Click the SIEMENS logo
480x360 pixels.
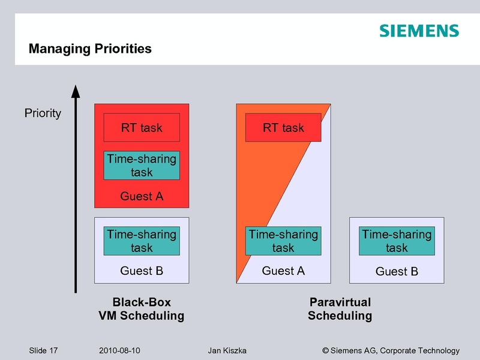419,31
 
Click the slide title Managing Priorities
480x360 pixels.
90,49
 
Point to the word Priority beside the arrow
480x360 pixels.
43,113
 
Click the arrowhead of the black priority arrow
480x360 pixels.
76,91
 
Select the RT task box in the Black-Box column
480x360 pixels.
142,127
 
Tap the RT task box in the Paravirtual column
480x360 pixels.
283,127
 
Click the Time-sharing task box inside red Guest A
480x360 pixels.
142,166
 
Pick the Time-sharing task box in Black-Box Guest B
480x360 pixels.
142,241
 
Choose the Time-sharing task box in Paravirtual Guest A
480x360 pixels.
283,241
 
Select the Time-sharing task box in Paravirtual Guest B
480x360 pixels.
397,241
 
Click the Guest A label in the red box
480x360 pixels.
142,196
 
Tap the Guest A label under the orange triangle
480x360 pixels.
283,271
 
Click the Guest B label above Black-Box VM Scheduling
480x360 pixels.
142,271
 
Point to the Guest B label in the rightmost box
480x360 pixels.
397,272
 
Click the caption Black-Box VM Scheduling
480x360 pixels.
142,308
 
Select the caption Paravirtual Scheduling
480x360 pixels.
340,308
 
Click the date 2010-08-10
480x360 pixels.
119,350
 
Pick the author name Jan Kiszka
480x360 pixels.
227,350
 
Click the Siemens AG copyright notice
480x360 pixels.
391,350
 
